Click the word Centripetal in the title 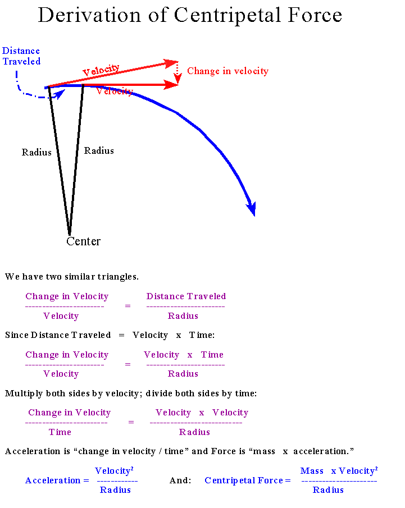coord(230,15)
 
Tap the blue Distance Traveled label coord(21,56)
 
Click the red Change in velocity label coord(227,71)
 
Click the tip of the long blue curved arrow coord(253,213)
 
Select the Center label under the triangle coord(83,241)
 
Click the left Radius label coord(37,152)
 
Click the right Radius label coord(99,150)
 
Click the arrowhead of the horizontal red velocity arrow coord(173,85)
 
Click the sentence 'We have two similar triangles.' coord(72,277)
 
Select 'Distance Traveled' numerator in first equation coord(186,296)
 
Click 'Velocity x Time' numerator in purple coord(183,355)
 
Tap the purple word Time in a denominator coord(60,432)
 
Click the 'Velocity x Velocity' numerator coord(202,413)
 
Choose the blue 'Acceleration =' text coord(57,480)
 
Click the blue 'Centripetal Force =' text coord(247,480)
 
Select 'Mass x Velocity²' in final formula coord(339,470)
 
